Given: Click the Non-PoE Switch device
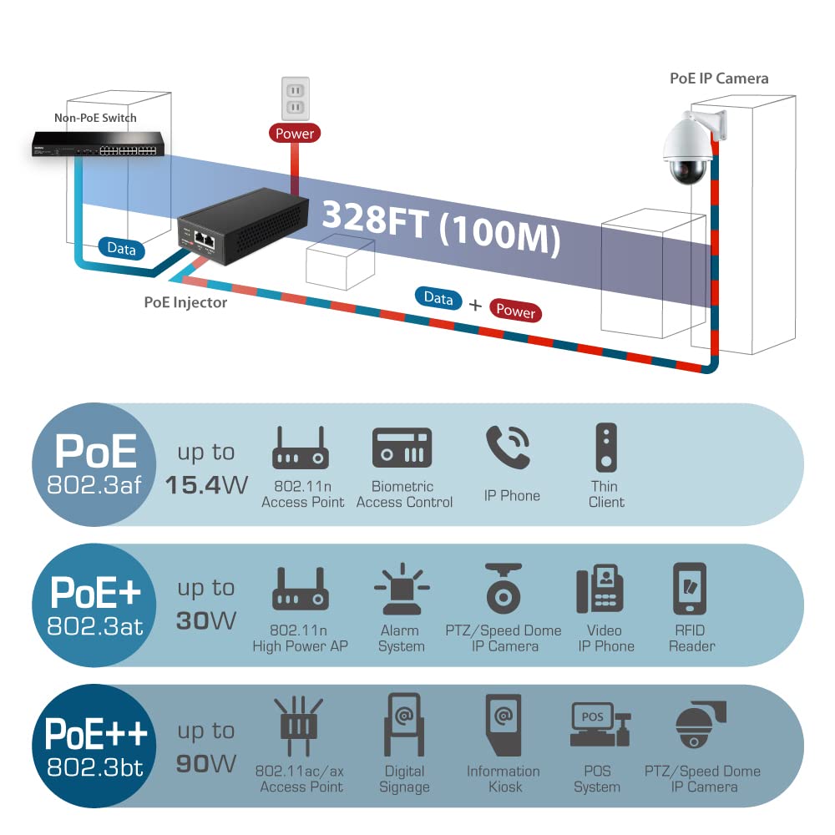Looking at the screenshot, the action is tap(98, 144).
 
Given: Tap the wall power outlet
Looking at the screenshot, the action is tap(295, 99).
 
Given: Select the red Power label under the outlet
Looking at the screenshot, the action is tap(295, 133).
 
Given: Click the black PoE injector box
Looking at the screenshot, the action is tap(243, 225).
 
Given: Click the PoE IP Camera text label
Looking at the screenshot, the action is tap(719, 78).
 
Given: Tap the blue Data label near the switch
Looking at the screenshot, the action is tap(121, 249).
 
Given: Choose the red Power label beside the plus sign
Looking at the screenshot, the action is tap(515, 311).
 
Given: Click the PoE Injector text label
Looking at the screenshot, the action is tap(185, 302).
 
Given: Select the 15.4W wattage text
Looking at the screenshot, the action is tap(206, 485).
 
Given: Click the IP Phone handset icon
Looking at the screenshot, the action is tap(508, 447).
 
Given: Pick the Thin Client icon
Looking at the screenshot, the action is tap(606, 448).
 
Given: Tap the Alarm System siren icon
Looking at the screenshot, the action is tap(402, 589).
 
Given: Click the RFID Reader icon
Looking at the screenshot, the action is tap(690, 589).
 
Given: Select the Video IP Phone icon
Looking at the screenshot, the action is tap(600, 589).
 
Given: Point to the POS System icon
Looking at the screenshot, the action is tap(600, 724).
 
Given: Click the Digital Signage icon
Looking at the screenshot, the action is tap(404, 724).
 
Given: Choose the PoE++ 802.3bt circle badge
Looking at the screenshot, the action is tap(94, 746).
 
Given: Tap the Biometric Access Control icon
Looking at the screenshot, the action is tap(402, 448).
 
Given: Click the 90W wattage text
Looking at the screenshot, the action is tap(206, 764).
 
